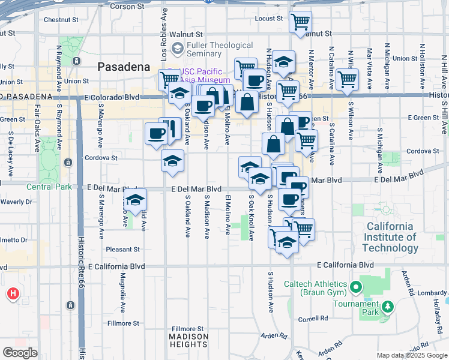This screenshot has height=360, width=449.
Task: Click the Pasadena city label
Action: click(123, 67)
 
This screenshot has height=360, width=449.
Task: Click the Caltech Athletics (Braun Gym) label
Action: click(316, 288)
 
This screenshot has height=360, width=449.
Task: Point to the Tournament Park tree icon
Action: click(388, 307)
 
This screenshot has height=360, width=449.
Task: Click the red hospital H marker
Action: click(13, 294)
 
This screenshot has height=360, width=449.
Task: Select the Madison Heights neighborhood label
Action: click(188, 340)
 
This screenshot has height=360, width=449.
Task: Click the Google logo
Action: click(20, 352)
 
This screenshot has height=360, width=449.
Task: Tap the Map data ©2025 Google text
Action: click(411, 355)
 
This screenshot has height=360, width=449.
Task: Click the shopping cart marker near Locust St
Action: click(300, 23)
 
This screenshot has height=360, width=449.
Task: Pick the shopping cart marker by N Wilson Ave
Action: click(347, 79)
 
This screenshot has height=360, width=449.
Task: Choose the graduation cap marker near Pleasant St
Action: click(136, 200)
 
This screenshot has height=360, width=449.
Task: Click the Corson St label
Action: click(127, 7)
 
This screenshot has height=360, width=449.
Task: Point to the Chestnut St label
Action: click(58, 20)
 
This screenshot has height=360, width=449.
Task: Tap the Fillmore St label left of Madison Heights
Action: click(119, 323)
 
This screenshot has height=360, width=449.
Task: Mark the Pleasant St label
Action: click(122, 249)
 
